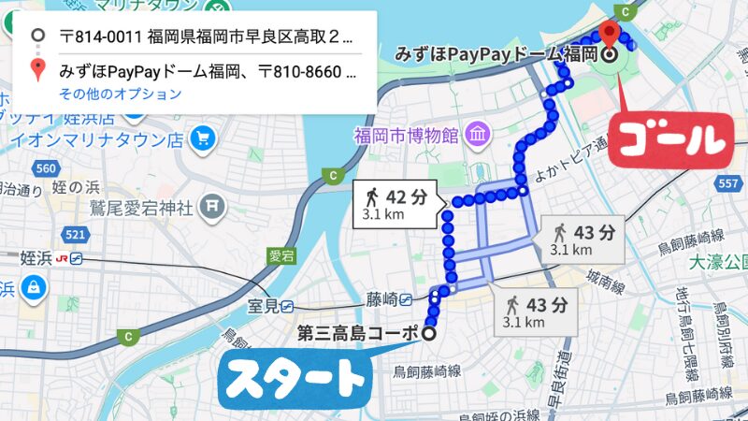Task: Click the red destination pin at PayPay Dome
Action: coord(611,35)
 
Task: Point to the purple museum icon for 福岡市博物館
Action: coord(478,135)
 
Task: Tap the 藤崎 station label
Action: coord(381,299)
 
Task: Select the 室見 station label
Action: coord(266,305)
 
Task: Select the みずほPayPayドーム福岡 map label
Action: coord(496,54)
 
